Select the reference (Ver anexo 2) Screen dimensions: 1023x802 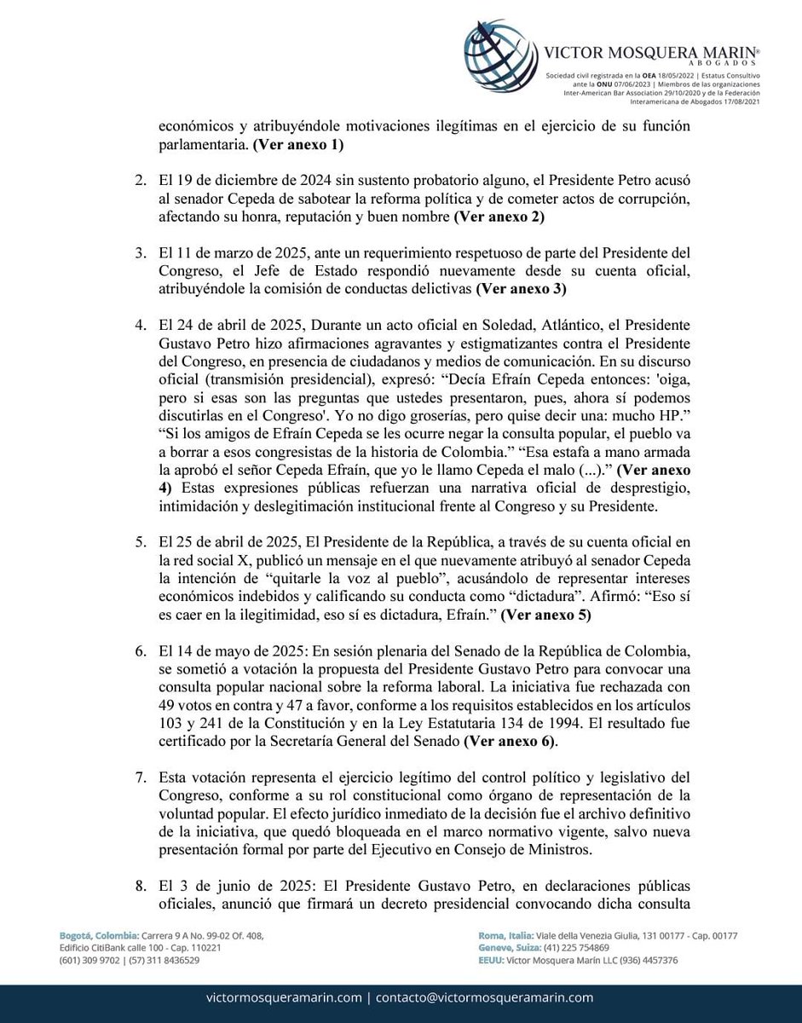pyautogui.click(x=499, y=217)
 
